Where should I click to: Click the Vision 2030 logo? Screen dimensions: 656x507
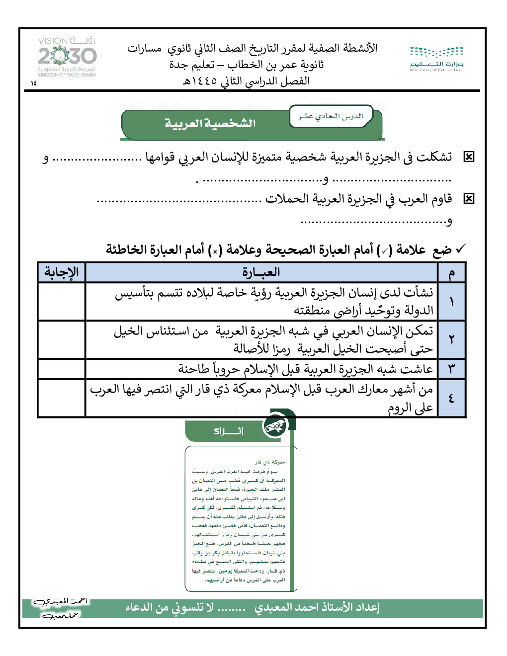coord(67,57)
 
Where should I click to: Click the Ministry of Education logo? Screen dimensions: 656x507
coord(436,59)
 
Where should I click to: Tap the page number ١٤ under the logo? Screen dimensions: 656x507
coord(34,83)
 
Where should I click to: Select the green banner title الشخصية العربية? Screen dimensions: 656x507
coord(210,123)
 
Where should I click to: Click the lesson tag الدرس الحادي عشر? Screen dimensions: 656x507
coord(331,116)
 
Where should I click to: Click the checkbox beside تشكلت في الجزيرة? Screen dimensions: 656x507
coord(468,157)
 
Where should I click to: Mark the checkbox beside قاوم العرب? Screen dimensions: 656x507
coord(468,199)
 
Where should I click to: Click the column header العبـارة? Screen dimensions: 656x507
coord(261,272)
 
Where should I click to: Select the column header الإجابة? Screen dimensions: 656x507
coord(62,272)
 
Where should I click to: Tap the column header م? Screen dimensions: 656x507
coord(451,273)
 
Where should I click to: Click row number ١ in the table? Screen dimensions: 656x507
coord(451,301)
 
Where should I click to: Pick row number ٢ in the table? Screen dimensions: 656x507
coord(451,339)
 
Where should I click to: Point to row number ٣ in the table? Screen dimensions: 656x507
coord(451,369)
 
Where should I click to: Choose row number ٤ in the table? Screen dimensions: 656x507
coord(451,398)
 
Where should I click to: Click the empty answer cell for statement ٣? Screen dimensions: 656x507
coord(62,369)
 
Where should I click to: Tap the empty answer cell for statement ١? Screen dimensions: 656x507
coord(62,301)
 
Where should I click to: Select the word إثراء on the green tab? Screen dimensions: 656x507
coord(229,431)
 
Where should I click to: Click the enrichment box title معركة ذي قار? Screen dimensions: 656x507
coord(270,462)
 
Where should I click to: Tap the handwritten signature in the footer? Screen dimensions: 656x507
coord(59,608)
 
